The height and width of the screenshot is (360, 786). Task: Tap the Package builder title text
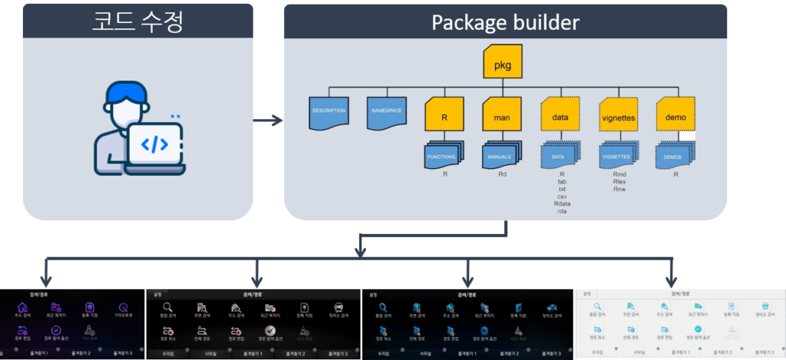pos(505,21)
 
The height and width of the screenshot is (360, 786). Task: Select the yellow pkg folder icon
pos(503,62)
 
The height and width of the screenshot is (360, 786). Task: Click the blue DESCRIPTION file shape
pos(329,111)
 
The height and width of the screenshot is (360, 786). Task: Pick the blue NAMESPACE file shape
pos(387,111)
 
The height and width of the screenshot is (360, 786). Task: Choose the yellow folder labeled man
pos(503,114)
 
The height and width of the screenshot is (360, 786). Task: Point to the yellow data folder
pos(560,114)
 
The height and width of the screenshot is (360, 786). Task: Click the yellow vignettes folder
pos(617,114)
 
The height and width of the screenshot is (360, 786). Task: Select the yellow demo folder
pos(675,114)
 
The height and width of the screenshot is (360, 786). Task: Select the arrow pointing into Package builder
pos(268,121)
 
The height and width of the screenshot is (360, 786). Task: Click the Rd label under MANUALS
pos(503,174)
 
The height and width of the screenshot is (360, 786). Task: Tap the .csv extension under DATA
pos(561,196)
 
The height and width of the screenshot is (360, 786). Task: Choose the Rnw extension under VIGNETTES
pos(619,189)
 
